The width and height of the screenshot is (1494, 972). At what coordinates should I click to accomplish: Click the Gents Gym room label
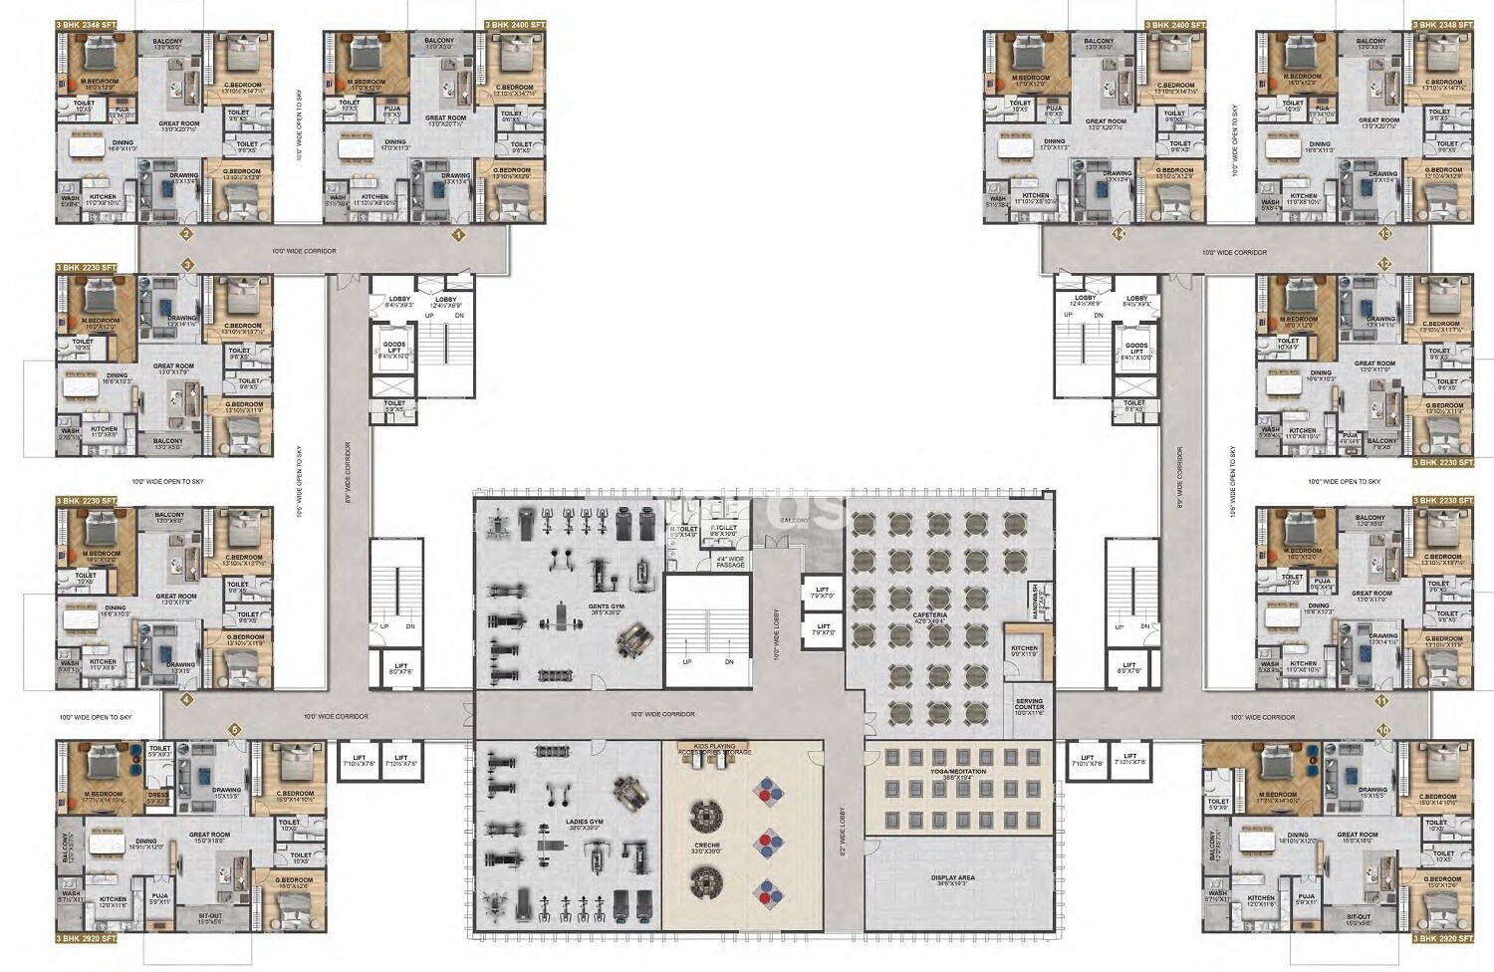click(606, 608)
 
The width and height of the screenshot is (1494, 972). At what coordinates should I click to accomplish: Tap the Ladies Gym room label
click(584, 825)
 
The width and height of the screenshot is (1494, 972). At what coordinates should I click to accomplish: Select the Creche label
click(707, 848)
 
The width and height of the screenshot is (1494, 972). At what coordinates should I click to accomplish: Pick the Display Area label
click(953, 879)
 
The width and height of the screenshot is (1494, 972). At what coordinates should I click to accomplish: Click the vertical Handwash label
click(1036, 602)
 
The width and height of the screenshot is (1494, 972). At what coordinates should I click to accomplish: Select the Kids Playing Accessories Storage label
click(714, 749)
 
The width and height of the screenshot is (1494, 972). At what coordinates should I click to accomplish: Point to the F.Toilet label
click(723, 530)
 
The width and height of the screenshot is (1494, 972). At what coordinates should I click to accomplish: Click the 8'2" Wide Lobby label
click(842, 833)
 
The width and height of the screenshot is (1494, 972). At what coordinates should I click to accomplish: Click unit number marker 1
click(459, 236)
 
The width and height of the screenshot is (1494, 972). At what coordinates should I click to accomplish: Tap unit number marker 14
click(1119, 234)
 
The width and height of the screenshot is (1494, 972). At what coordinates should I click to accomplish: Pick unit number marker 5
click(235, 730)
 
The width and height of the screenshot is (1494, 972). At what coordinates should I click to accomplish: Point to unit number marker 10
click(1383, 730)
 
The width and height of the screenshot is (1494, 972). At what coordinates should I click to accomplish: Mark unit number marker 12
click(1384, 263)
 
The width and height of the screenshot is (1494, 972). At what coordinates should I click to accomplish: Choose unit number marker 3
click(186, 265)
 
